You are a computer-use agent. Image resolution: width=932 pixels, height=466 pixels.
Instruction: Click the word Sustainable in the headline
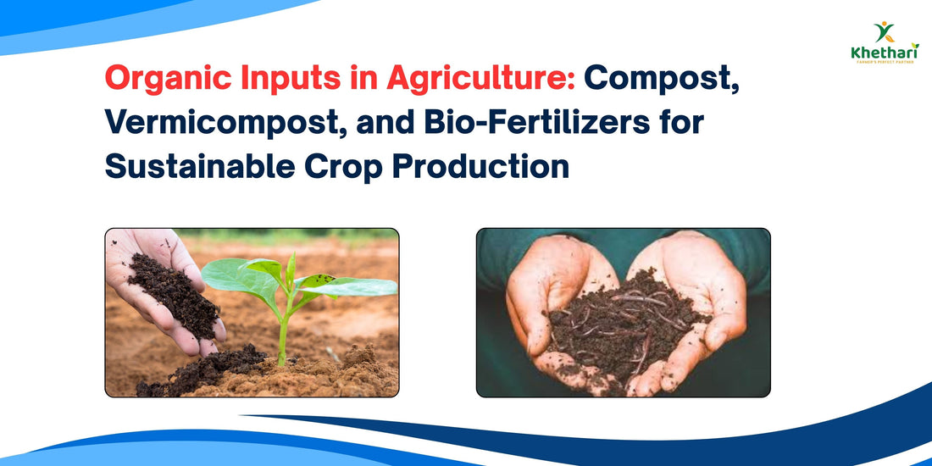tap(198, 165)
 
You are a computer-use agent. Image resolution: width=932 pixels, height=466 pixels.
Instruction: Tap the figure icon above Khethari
tap(884, 32)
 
